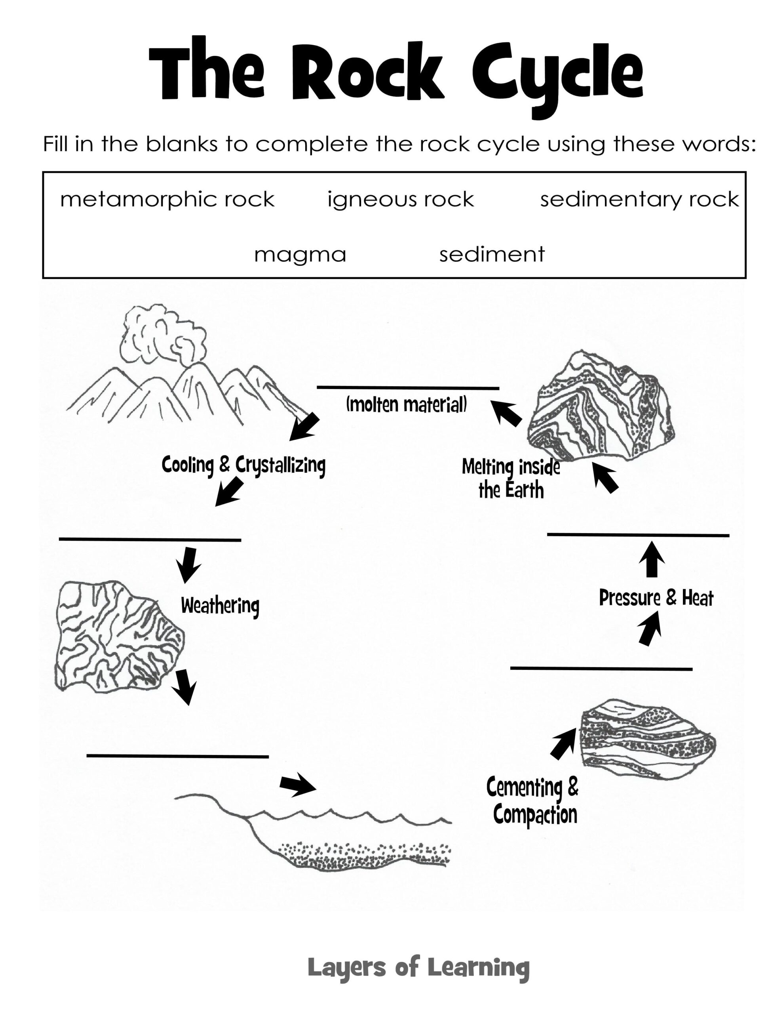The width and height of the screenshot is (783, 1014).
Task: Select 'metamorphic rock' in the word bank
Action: [167, 200]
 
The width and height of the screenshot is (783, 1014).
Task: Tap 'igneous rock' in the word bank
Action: [400, 200]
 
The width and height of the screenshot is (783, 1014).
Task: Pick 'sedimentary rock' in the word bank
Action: [639, 200]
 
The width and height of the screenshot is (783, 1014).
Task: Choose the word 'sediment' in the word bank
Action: [492, 254]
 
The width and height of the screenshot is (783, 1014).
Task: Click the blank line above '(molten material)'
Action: [407, 388]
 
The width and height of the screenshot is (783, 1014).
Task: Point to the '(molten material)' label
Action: [406, 405]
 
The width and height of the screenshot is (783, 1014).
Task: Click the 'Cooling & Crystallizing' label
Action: [243, 465]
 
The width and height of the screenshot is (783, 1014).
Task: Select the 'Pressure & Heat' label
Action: [656, 598]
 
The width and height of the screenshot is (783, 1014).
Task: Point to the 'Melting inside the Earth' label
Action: [511, 478]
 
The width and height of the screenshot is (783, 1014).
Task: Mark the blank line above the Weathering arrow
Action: [150, 539]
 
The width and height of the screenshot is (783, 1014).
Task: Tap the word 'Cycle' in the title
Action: [557, 74]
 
